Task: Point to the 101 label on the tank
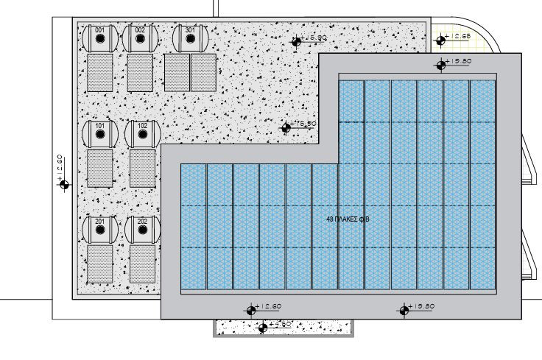click(100, 127)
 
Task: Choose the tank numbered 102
click(142, 135)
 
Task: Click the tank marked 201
click(100, 230)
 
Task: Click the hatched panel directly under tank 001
click(99, 72)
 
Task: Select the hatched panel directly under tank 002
click(139, 72)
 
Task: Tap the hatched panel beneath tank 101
click(99, 169)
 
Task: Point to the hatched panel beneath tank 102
click(143, 169)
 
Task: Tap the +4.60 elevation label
click(282, 324)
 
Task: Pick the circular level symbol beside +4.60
click(262, 328)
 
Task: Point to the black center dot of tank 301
click(190, 42)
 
